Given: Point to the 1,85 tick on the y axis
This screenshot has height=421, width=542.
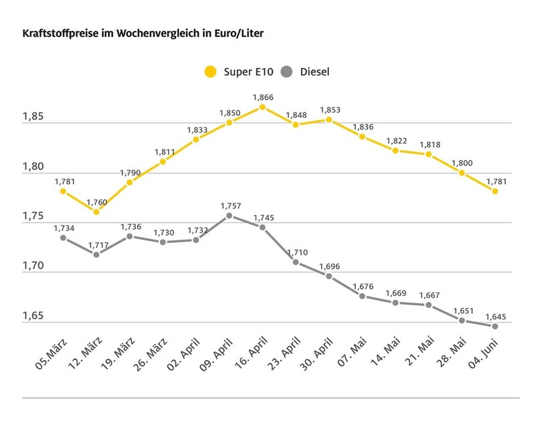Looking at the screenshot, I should [x=33, y=118].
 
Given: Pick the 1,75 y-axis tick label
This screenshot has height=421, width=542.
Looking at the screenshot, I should [x=33, y=217].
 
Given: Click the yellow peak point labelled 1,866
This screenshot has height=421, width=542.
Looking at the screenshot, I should [x=262, y=107].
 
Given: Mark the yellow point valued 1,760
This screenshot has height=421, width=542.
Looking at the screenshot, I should [x=96, y=212].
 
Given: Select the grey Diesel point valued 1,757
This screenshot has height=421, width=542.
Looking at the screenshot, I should [x=229, y=216].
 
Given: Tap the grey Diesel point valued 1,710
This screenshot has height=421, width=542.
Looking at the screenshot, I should [x=295, y=262].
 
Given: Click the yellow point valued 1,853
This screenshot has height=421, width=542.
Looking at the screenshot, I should [x=329, y=120].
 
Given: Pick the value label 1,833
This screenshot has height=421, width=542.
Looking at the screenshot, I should [x=196, y=129].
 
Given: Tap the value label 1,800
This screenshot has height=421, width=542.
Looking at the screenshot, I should [x=462, y=163].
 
